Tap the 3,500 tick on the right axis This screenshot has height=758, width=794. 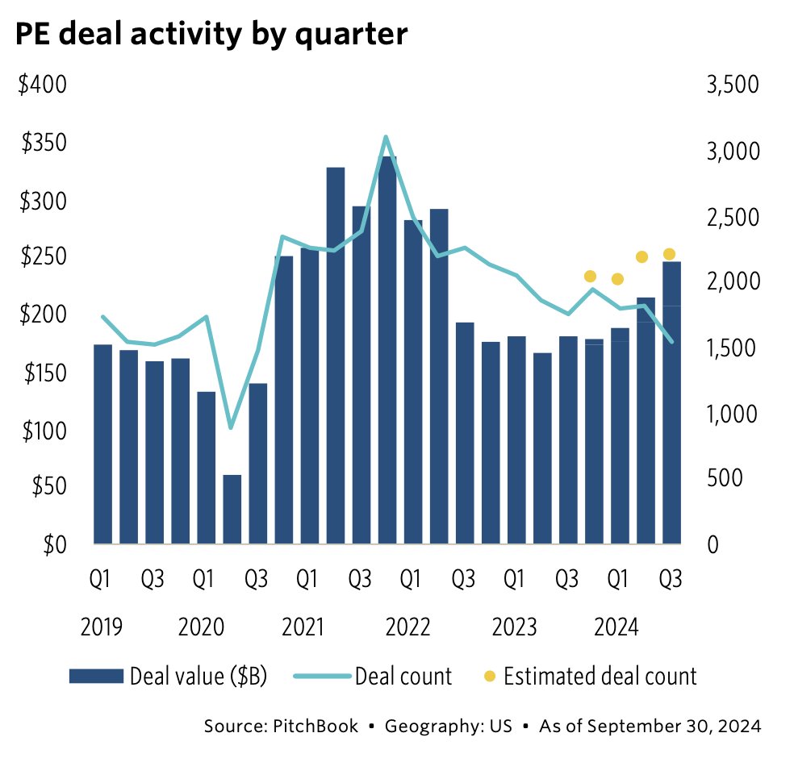(732, 85)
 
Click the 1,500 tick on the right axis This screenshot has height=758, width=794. (732, 348)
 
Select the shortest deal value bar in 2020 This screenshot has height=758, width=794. (232, 510)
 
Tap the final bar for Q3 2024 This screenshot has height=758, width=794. (671, 403)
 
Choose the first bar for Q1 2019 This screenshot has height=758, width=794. (102, 444)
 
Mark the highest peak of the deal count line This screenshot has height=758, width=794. (387, 137)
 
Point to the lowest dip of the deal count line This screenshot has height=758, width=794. (232, 427)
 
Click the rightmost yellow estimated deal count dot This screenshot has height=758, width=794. (669, 255)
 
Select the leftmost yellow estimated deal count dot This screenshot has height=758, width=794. (590, 277)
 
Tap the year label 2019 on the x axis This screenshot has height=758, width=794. (102, 627)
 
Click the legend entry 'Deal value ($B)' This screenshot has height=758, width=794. (198, 675)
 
